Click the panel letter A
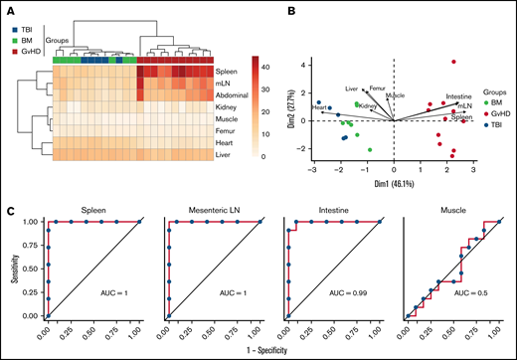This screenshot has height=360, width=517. click(8, 8)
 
